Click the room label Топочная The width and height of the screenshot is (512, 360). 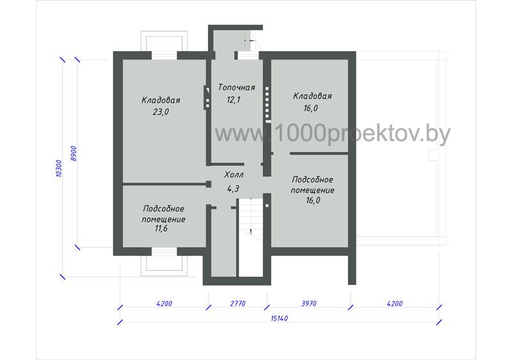[236, 88]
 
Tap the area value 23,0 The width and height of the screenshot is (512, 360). [161, 112]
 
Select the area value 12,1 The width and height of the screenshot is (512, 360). [234, 100]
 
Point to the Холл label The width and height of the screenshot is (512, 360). [234, 175]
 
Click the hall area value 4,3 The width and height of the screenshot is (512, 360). [233, 188]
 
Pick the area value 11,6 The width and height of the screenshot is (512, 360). [161, 228]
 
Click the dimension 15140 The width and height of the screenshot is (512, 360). [279, 318]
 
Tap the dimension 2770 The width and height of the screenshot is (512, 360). [237, 304]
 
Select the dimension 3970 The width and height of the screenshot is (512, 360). [308, 304]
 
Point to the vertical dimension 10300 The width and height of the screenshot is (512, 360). [58, 168]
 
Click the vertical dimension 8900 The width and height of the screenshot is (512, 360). [74, 154]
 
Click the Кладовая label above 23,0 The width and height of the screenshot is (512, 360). [161, 100]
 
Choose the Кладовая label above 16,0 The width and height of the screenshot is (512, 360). [312, 96]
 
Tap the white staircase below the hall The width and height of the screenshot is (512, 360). [250, 238]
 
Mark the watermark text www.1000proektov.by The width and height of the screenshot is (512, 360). [332, 134]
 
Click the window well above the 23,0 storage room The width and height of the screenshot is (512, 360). [164, 41]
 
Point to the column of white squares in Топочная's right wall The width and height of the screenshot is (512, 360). [268, 104]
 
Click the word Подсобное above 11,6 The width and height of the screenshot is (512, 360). [164, 209]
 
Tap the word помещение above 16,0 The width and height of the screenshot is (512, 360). [312, 190]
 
